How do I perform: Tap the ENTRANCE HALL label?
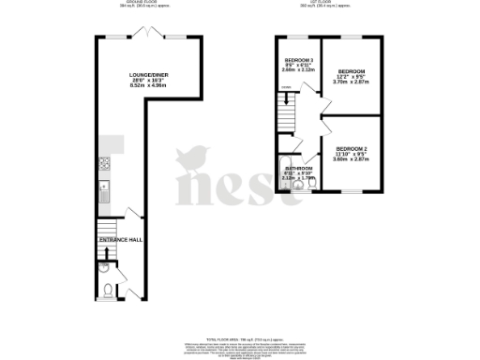119,240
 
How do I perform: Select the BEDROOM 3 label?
297,60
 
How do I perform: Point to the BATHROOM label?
299,168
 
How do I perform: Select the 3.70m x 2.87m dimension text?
352,82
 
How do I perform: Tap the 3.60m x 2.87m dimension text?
352,159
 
